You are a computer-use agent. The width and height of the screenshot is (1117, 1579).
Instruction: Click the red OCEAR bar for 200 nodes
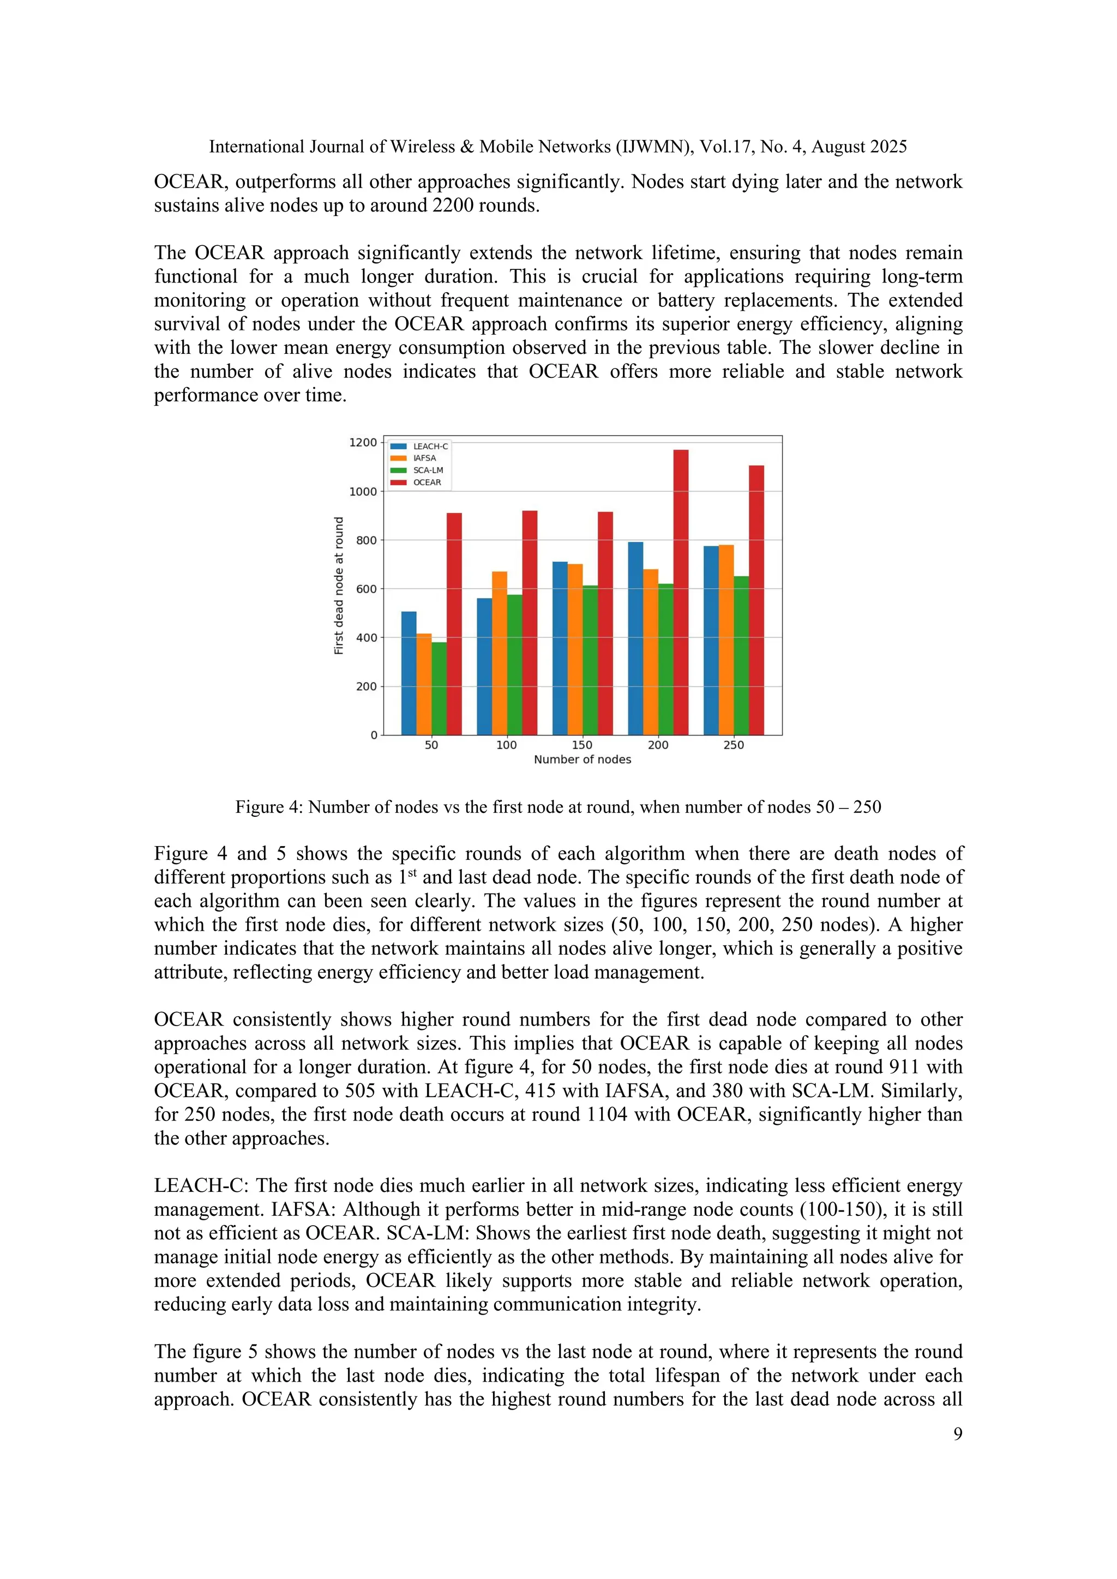680,592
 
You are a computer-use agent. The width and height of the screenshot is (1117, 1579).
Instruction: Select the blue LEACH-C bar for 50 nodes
409,673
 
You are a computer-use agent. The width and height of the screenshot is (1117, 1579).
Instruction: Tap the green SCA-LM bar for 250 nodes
741,655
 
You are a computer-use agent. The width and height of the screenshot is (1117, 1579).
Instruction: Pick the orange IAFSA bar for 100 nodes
500,653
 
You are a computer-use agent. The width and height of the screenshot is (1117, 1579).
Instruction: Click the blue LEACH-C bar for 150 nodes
560,648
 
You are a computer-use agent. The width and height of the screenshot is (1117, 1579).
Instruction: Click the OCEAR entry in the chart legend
427,482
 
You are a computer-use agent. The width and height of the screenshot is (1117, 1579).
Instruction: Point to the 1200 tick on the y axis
363,442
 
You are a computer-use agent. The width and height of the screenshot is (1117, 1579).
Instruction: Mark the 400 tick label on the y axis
366,637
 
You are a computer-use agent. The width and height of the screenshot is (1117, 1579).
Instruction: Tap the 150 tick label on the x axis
582,745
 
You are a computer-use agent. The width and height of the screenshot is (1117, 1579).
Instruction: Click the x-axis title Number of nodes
582,760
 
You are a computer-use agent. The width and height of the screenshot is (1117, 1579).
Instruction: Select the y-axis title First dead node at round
338,586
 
